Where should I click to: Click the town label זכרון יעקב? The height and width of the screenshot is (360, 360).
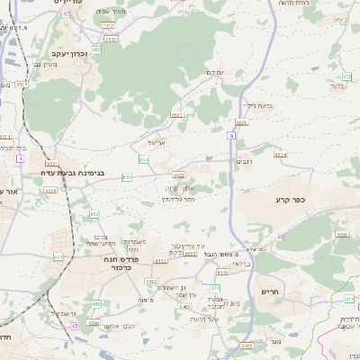(x=60, y=54)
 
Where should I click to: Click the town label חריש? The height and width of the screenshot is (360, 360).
(x=270, y=292)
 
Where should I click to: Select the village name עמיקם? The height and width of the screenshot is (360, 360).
(x=214, y=72)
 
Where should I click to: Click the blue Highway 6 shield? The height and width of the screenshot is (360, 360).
(x=231, y=135)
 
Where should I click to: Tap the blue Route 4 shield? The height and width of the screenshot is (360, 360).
(x=19, y=157)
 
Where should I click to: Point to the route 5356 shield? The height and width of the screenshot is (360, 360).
(x=341, y=235)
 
